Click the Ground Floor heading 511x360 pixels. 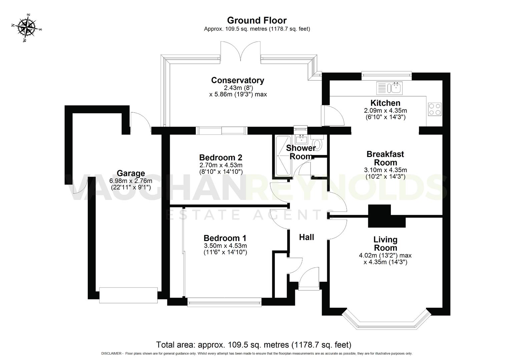point(257,21)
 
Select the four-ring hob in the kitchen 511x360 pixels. point(434,109)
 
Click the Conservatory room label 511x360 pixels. point(237,80)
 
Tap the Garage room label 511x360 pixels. point(131,173)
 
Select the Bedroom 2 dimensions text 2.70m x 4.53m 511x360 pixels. point(221,165)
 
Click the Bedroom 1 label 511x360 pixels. point(225,238)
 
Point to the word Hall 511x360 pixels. point(306,237)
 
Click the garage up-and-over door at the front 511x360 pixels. point(128,295)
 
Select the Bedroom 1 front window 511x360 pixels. point(224,302)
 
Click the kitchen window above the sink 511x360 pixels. point(387,75)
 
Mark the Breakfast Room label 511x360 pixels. point(385,158)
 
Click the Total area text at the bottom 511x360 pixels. point(253,344)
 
